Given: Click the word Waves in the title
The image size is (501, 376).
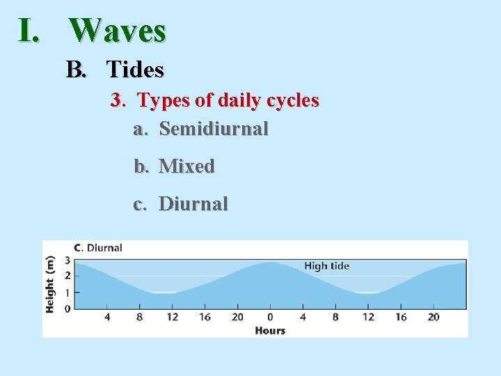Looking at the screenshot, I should pyautogui.click(x=118, y=31).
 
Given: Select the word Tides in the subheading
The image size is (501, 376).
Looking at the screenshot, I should pyautogui.click(x=135, y=70).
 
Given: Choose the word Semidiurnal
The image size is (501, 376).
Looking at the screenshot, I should pyautogui.click(x=214, y=129).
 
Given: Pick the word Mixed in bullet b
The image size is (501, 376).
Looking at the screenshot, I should pyautogui.click(x=186, y=166).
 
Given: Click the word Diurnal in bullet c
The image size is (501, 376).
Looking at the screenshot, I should pyautogui.click(x=193, y=204).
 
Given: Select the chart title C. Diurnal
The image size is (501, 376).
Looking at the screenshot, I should pyautogui.click(x=98, y=248).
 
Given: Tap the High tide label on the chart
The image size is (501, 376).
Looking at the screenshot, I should pyautogui.click(x=326, y=265).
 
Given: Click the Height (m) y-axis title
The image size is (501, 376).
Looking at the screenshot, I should pyautogui.click(x=50, y=284).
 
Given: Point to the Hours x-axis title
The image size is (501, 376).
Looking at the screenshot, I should pyautogui.click(x=270, y=330).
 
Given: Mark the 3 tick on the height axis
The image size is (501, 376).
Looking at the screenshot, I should pyautogui.click(x=67, y=260).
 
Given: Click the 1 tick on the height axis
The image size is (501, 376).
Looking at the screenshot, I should pyautogui.click(x=67, y=292).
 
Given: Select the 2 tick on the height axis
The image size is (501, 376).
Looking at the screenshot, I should pyautogui.click(x=67, y=276).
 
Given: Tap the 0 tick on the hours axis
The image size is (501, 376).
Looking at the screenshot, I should pyautogui.click(x=270, y=318).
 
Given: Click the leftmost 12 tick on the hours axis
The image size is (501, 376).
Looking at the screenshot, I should pyautogui.click(x=172, y=318).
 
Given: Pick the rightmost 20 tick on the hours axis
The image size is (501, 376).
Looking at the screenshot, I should pyautogui.click(x=434, y=318).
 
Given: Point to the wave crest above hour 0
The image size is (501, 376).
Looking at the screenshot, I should pyautogui.click(x=270, y=263).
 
